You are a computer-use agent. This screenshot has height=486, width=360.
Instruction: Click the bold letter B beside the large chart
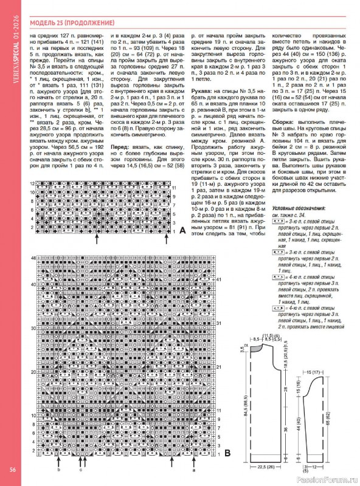[227, 453]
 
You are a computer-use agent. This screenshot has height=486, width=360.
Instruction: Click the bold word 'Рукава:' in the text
[202, 89]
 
